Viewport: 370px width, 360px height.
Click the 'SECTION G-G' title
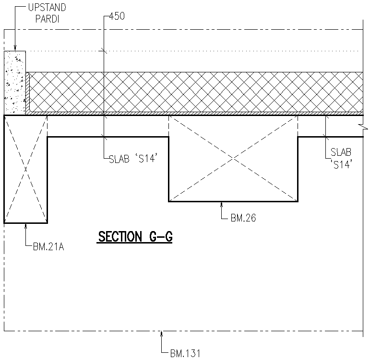pyautogui.click(x=135, y=236)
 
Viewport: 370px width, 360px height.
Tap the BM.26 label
pyautogui.click(x=243, y=218)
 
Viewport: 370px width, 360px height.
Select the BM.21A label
pyautogui.click(x=49, y=247)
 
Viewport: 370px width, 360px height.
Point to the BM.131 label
pyautogui.click(x=185, y=354)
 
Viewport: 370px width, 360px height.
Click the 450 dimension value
pyautogui.click(x=117, y=16)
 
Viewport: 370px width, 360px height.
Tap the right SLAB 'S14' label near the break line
pyautogui.click(x=341, y=157)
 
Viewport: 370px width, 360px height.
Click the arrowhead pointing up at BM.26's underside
pyautogui.click(x=221, y=205)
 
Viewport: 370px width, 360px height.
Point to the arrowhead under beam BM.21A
pyautogui.click(x=25, y=226)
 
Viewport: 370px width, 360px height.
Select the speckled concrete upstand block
pyautogui.click(x=14, y=82)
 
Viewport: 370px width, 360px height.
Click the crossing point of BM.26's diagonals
pyautogui.click(x=233, y=158)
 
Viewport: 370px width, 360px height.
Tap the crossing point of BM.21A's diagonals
pyautogui.click(x=25, y=169)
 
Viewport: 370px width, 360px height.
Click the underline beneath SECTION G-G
pyautogui.click(x=135, y=243)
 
